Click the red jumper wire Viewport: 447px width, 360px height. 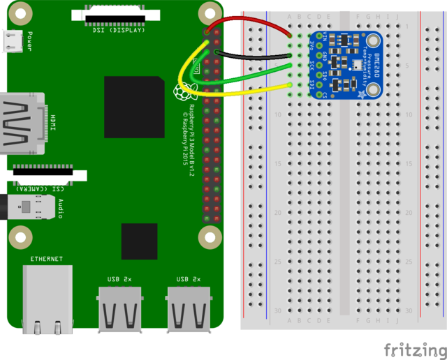click(x=251, y=23)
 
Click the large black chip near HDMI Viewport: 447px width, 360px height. click(x=135, y=107)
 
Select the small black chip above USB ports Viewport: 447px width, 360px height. click(x=139, y=241)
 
